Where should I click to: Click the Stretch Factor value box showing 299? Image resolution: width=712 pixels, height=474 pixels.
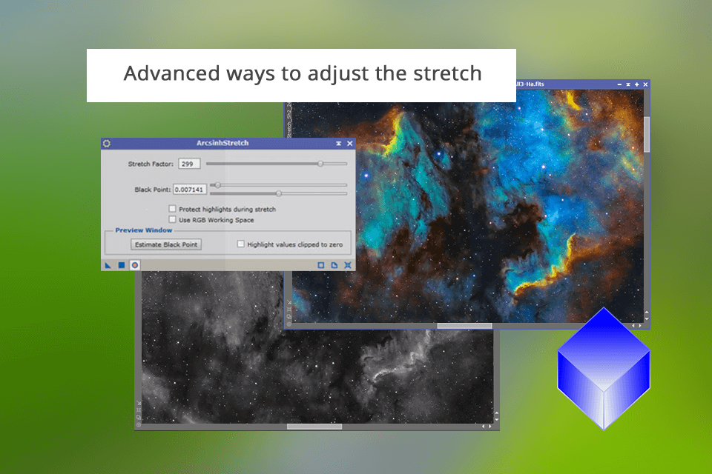tap(189, 164)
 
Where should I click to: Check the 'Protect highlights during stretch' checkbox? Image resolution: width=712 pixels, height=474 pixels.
tap(173, 210)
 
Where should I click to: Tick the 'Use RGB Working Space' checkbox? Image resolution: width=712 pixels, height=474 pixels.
tap(173, 220)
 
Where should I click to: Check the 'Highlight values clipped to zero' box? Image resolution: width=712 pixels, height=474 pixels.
tap(240, 244)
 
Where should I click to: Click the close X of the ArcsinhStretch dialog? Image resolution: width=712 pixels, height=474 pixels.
tap(350, 143)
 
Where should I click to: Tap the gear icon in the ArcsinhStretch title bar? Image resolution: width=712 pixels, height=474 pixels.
tap(107, 143)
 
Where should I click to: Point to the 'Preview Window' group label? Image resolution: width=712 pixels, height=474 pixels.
tap(143, 230)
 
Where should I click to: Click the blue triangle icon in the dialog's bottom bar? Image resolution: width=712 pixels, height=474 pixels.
tap(108, 264)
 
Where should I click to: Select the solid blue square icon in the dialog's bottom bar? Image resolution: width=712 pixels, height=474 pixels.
tap(122, 264)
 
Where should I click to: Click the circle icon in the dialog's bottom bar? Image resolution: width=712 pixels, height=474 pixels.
tap(135, 264)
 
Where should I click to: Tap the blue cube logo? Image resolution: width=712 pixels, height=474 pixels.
tap(604, 368)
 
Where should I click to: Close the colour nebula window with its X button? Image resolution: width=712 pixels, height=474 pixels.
tap(645, 85)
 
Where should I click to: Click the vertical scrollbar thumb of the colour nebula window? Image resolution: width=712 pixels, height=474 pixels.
tap(647, 133)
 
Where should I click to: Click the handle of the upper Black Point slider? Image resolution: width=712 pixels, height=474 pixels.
tap(217, 185)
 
